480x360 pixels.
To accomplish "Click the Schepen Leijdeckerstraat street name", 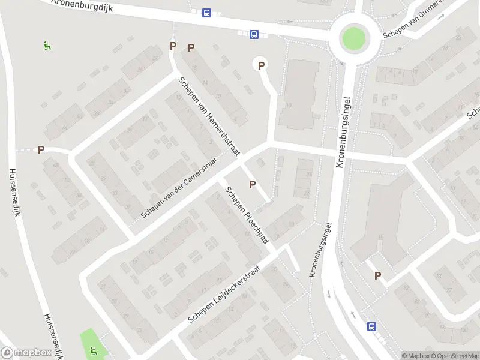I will [x=226, y=293].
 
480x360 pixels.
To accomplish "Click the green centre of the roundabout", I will [x=353, y=39].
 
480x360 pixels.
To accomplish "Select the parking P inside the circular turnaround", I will [x=261, y=65].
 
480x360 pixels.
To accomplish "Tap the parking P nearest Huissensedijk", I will [x=41, y=150].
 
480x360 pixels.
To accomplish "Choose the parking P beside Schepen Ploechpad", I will [x=252, y=184].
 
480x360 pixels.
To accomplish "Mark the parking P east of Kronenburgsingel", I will [x=377, y=275].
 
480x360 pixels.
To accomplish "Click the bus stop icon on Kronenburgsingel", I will [x=371, y=326].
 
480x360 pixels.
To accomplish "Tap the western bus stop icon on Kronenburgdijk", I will [x=206, y=13].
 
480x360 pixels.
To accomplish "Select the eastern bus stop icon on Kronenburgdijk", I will [x=254, y=35].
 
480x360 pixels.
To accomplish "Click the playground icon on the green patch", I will [x=92, y=350].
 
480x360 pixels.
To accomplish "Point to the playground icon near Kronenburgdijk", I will [x=47, y=45].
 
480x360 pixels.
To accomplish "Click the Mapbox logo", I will [x=26, y=353].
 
